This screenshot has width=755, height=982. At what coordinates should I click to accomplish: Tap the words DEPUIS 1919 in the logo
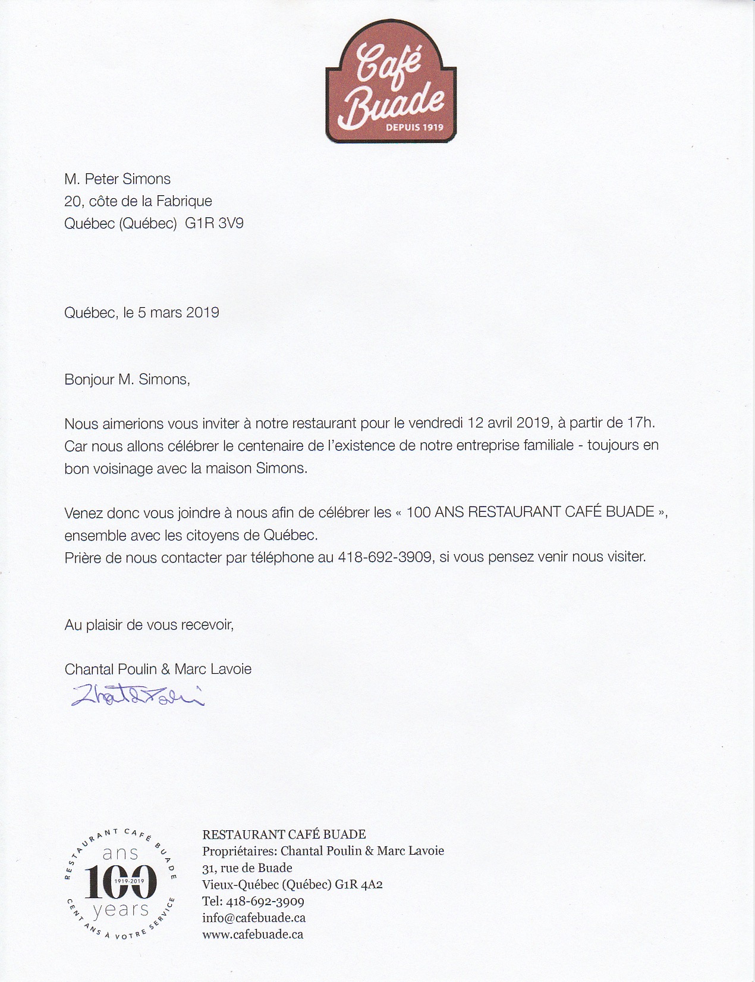[414, 127]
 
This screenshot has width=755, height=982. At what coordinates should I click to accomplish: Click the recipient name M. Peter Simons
[118, 179]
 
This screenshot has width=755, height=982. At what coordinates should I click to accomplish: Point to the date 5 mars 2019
[178, 312]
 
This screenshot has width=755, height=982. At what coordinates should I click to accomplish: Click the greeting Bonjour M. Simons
[127, 380]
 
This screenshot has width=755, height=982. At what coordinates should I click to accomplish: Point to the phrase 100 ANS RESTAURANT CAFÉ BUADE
[530, 512]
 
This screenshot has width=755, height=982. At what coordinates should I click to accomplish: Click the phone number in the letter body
[385, 558]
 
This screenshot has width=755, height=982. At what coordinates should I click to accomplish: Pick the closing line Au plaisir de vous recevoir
[149, 625]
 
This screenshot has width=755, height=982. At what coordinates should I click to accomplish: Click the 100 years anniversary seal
[121, 881]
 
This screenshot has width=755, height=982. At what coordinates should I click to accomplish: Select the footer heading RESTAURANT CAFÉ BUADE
[284, 835]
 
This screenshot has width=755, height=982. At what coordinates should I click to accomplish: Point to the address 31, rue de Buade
[247, 868]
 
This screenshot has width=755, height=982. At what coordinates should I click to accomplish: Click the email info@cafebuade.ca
[254, 918]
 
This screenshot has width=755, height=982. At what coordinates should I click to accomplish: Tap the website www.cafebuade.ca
[253, 934]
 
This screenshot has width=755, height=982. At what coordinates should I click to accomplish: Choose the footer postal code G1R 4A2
[358, 884]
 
